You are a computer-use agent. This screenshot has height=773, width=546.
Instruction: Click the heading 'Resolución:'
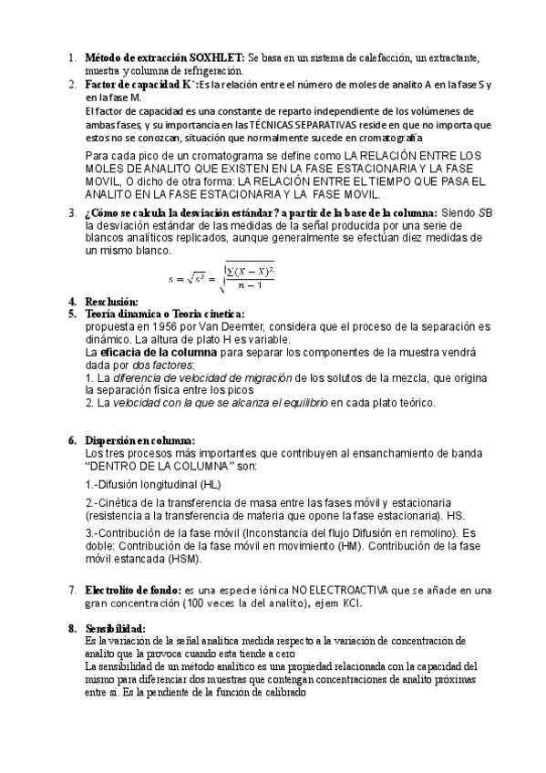click(x=111, y=302)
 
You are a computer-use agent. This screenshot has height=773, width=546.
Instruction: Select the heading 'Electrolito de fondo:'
click(x=133, y=590)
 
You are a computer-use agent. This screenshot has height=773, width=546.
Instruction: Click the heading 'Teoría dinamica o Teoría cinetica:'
click(x=159, y=314)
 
